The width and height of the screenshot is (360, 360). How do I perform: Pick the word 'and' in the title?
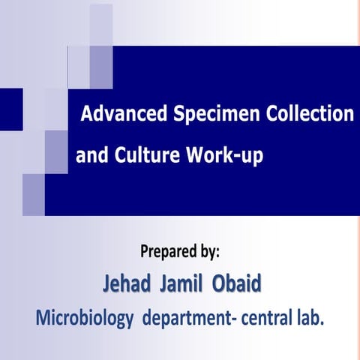91,157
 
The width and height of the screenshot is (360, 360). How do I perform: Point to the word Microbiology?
81,318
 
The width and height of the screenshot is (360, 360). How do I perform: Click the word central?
268,318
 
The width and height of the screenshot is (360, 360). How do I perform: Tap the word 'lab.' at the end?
311,318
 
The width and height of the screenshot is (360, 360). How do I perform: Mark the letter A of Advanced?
86,115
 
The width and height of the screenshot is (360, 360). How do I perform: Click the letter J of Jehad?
106,286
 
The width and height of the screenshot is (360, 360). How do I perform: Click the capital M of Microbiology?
42,318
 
